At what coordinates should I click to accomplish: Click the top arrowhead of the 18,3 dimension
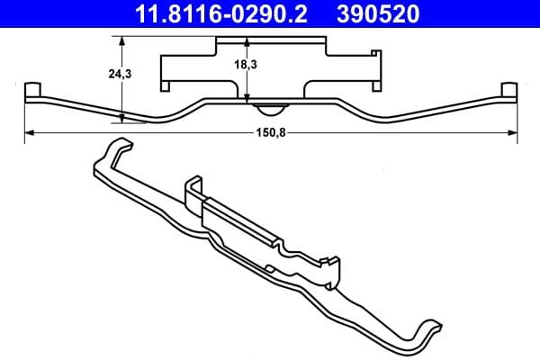coord(247,40)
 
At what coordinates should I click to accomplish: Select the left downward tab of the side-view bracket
coord(166,85)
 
